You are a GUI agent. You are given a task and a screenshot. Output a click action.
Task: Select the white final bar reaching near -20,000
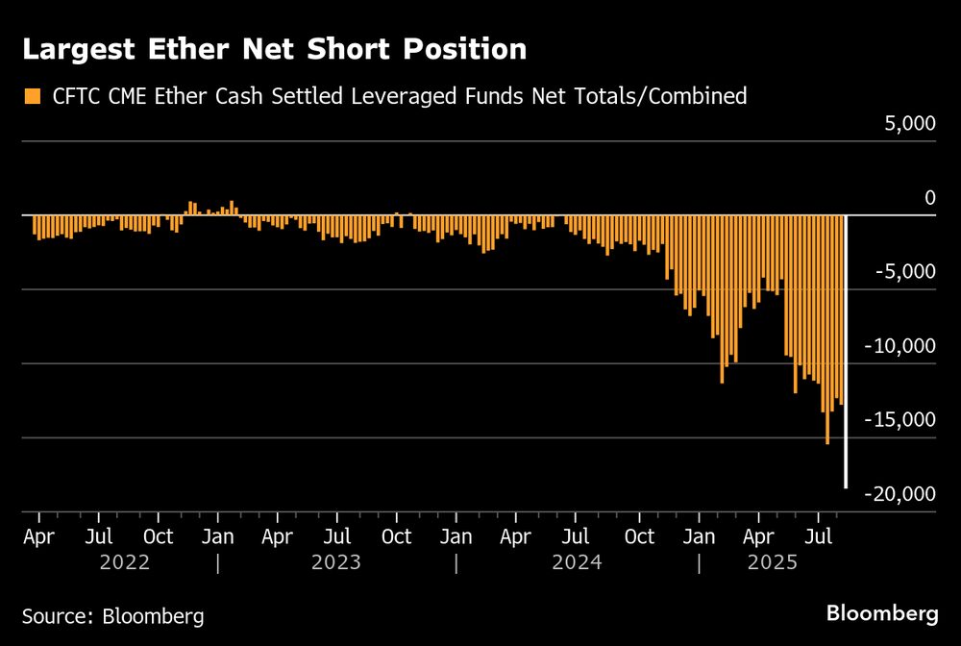[846, 351]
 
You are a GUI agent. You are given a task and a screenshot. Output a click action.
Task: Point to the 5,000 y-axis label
[908, 124]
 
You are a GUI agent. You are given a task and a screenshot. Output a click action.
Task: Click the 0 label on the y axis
[929, 198]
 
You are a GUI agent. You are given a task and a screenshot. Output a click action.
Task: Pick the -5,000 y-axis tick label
[904, 272]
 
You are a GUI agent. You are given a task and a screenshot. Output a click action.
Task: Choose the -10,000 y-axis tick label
[900, 346]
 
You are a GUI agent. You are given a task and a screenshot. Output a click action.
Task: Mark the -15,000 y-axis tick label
[900, 420]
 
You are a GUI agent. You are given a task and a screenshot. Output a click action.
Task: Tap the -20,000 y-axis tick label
[900, 494]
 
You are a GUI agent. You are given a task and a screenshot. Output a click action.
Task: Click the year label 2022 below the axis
[125, 562]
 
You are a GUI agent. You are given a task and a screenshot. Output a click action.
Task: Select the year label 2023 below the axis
[336, 562]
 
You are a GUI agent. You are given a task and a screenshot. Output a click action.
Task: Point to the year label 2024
[577, 562]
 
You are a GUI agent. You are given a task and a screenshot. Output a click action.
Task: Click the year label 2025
[774, 562]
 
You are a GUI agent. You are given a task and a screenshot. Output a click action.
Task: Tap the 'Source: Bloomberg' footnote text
[113, 615]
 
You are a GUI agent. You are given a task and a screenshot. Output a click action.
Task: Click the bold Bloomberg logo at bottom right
[882, 613]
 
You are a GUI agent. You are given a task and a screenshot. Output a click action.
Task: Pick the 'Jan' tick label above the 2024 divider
[456, 535]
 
